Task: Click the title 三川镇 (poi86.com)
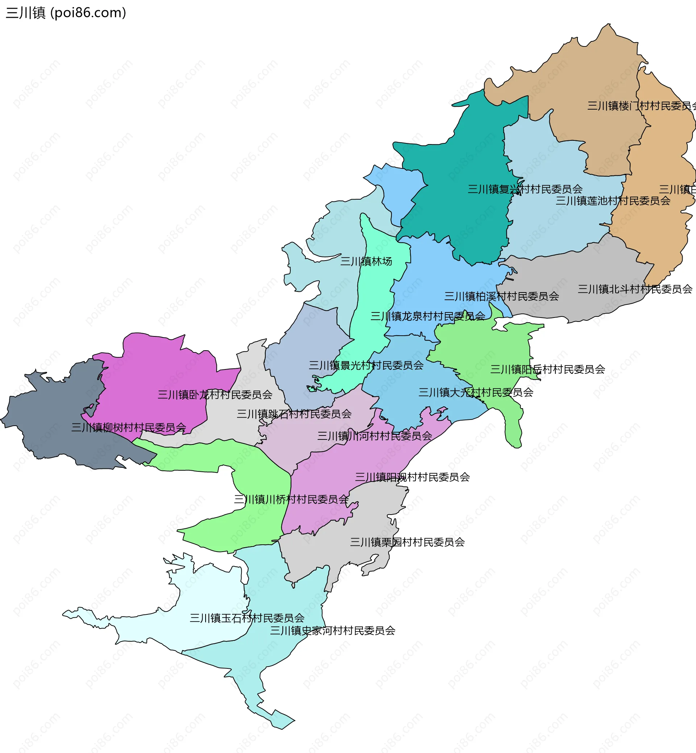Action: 66,13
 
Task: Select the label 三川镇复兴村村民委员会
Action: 525,189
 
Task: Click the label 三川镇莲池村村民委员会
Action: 613,201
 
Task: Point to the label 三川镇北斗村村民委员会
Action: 635,289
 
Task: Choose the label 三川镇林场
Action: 366,261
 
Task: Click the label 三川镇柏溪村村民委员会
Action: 501,296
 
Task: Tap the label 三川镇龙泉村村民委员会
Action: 427,316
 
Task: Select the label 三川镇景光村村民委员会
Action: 366,365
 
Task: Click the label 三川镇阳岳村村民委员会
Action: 547,369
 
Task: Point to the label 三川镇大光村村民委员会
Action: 476,392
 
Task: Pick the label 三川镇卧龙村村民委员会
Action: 215,394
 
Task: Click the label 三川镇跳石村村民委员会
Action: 294,414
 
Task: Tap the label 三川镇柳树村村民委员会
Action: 129,427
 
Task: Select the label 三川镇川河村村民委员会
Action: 374,436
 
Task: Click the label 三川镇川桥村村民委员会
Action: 291,499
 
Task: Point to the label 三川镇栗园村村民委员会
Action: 407,542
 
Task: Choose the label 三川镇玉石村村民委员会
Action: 247,618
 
